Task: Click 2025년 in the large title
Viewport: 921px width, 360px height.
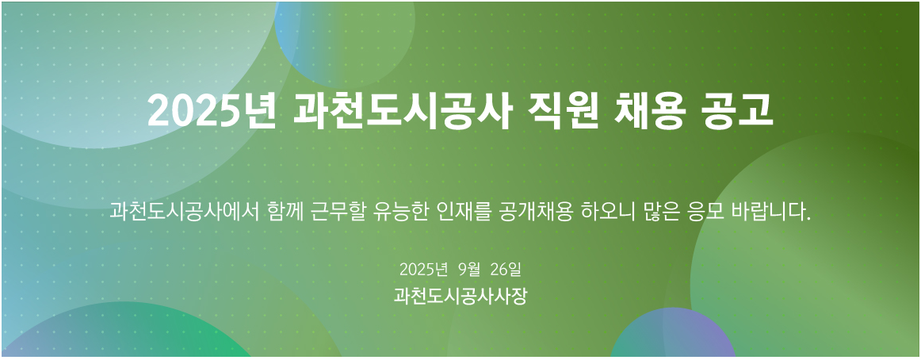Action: click(x=212, y=110)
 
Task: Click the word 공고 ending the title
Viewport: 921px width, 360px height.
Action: click(x=737, y=110)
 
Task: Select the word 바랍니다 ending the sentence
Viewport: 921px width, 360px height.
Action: click(x=771, y=211)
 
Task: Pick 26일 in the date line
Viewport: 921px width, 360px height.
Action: click(x=505, y=270)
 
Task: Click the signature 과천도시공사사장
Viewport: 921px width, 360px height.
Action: click(x=460, y=296)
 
